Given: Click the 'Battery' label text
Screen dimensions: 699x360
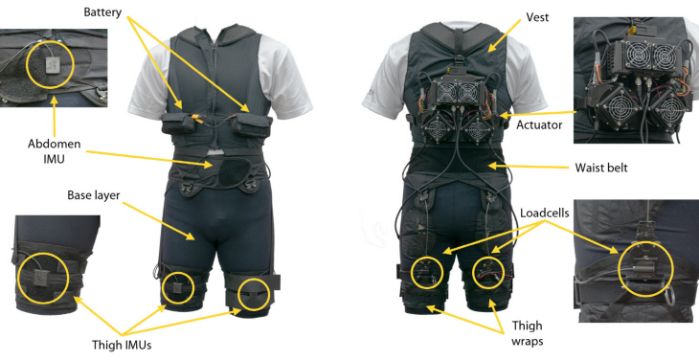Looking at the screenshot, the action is (x=102, y=12).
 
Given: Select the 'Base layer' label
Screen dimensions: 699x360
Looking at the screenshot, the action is (x=94, y=195).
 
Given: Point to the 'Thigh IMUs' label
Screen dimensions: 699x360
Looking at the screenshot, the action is (x=122, y=345).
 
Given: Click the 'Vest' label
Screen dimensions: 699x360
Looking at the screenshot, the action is (x=537, y=17).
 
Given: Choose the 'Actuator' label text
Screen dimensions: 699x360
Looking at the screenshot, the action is (x=539, y=125).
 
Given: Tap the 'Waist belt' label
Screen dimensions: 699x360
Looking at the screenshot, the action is (x=601, y=168).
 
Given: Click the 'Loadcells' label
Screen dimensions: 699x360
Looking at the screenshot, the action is (x=545, y=213).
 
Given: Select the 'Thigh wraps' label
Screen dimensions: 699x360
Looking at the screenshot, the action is (x=528, y=333).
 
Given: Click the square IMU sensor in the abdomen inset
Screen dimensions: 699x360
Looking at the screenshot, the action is (x=51, y=65).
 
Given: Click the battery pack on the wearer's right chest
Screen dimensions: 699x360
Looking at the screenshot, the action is (x=178, y=124).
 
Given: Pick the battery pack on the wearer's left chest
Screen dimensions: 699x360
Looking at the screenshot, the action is (x=252, y=124).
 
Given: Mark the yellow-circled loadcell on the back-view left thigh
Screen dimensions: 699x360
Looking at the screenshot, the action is (x=426, y=273).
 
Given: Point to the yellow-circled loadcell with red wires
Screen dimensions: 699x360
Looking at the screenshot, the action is (x=488, y=272).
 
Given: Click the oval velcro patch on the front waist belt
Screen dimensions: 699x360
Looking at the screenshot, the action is (x=233, y=172).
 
